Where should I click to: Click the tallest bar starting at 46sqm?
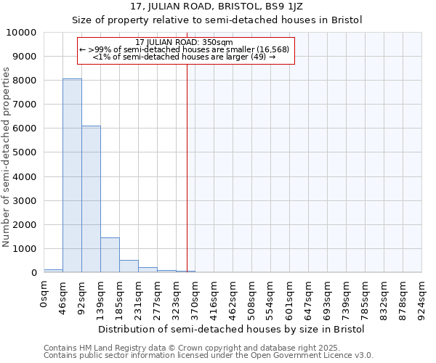click(x=72, y=175)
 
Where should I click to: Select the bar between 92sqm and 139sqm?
click(x=91, y=199)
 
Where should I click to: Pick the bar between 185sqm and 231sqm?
click(x=129, y=266)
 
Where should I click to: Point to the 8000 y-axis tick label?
click(x=25, y=81)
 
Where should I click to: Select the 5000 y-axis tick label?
click(x=25, y=152)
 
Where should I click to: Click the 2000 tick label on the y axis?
click(x=25, y=224)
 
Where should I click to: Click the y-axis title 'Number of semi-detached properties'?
click(x=7, y=157)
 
